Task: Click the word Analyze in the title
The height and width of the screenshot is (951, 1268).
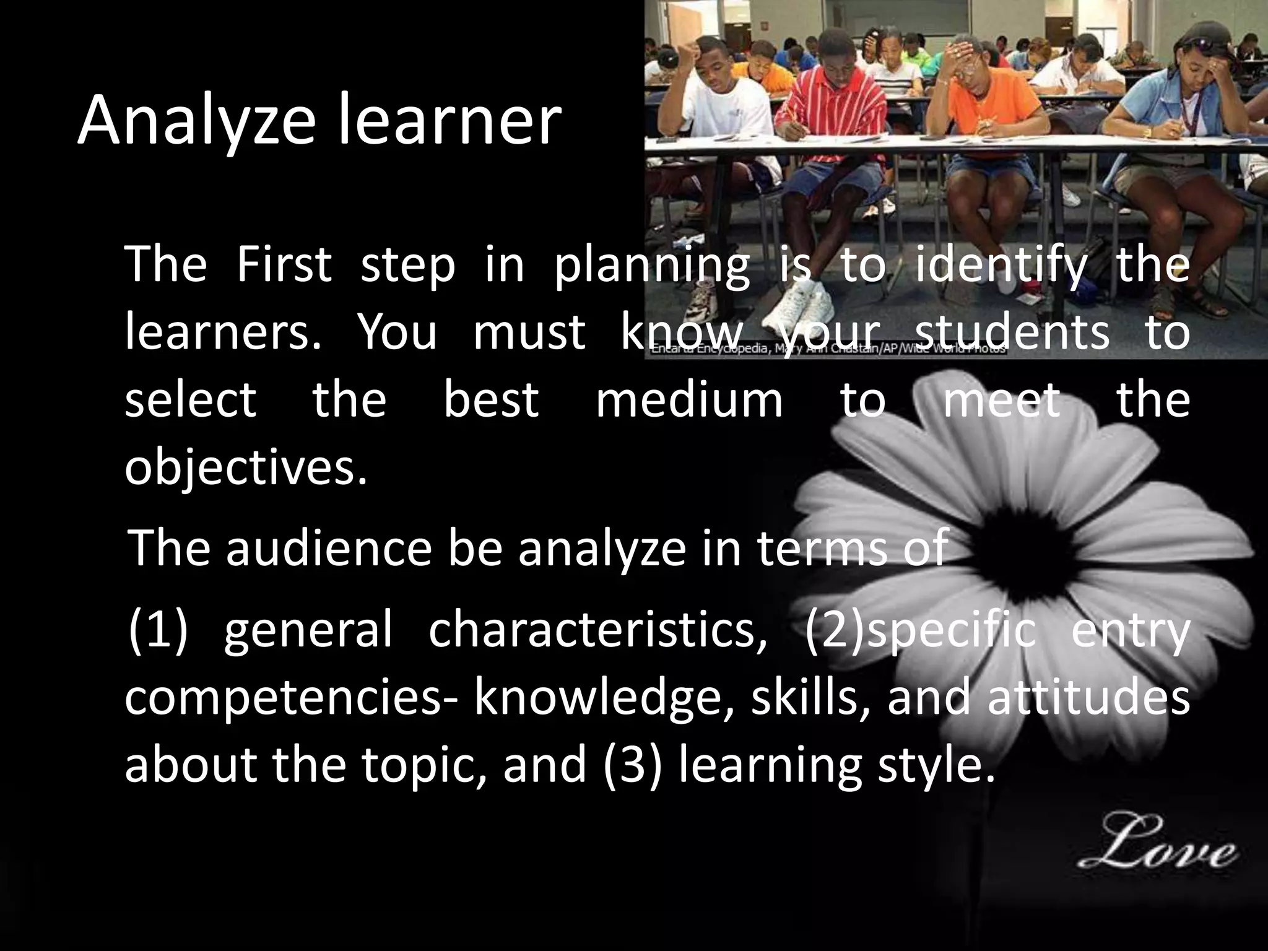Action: tap(197, 121)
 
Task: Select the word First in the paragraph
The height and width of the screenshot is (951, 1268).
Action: tap(284, 265)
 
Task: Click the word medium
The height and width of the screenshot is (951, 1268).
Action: tap(689, 399)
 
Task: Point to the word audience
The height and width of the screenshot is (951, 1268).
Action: tap(328, 548)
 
